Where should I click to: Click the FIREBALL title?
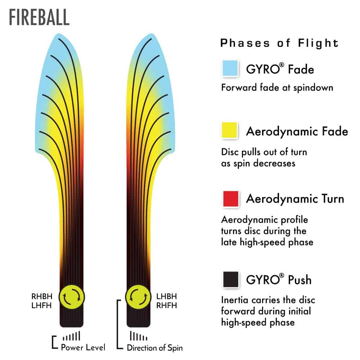(39, 18)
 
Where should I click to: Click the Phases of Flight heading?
(279, 43)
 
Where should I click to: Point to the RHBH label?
(42, 296)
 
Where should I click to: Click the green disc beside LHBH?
(138, 297)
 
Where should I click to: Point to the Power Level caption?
(83, 347)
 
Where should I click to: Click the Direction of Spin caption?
(155, 348)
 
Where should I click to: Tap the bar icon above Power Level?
(71, 337)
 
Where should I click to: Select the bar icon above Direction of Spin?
(138, 337)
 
